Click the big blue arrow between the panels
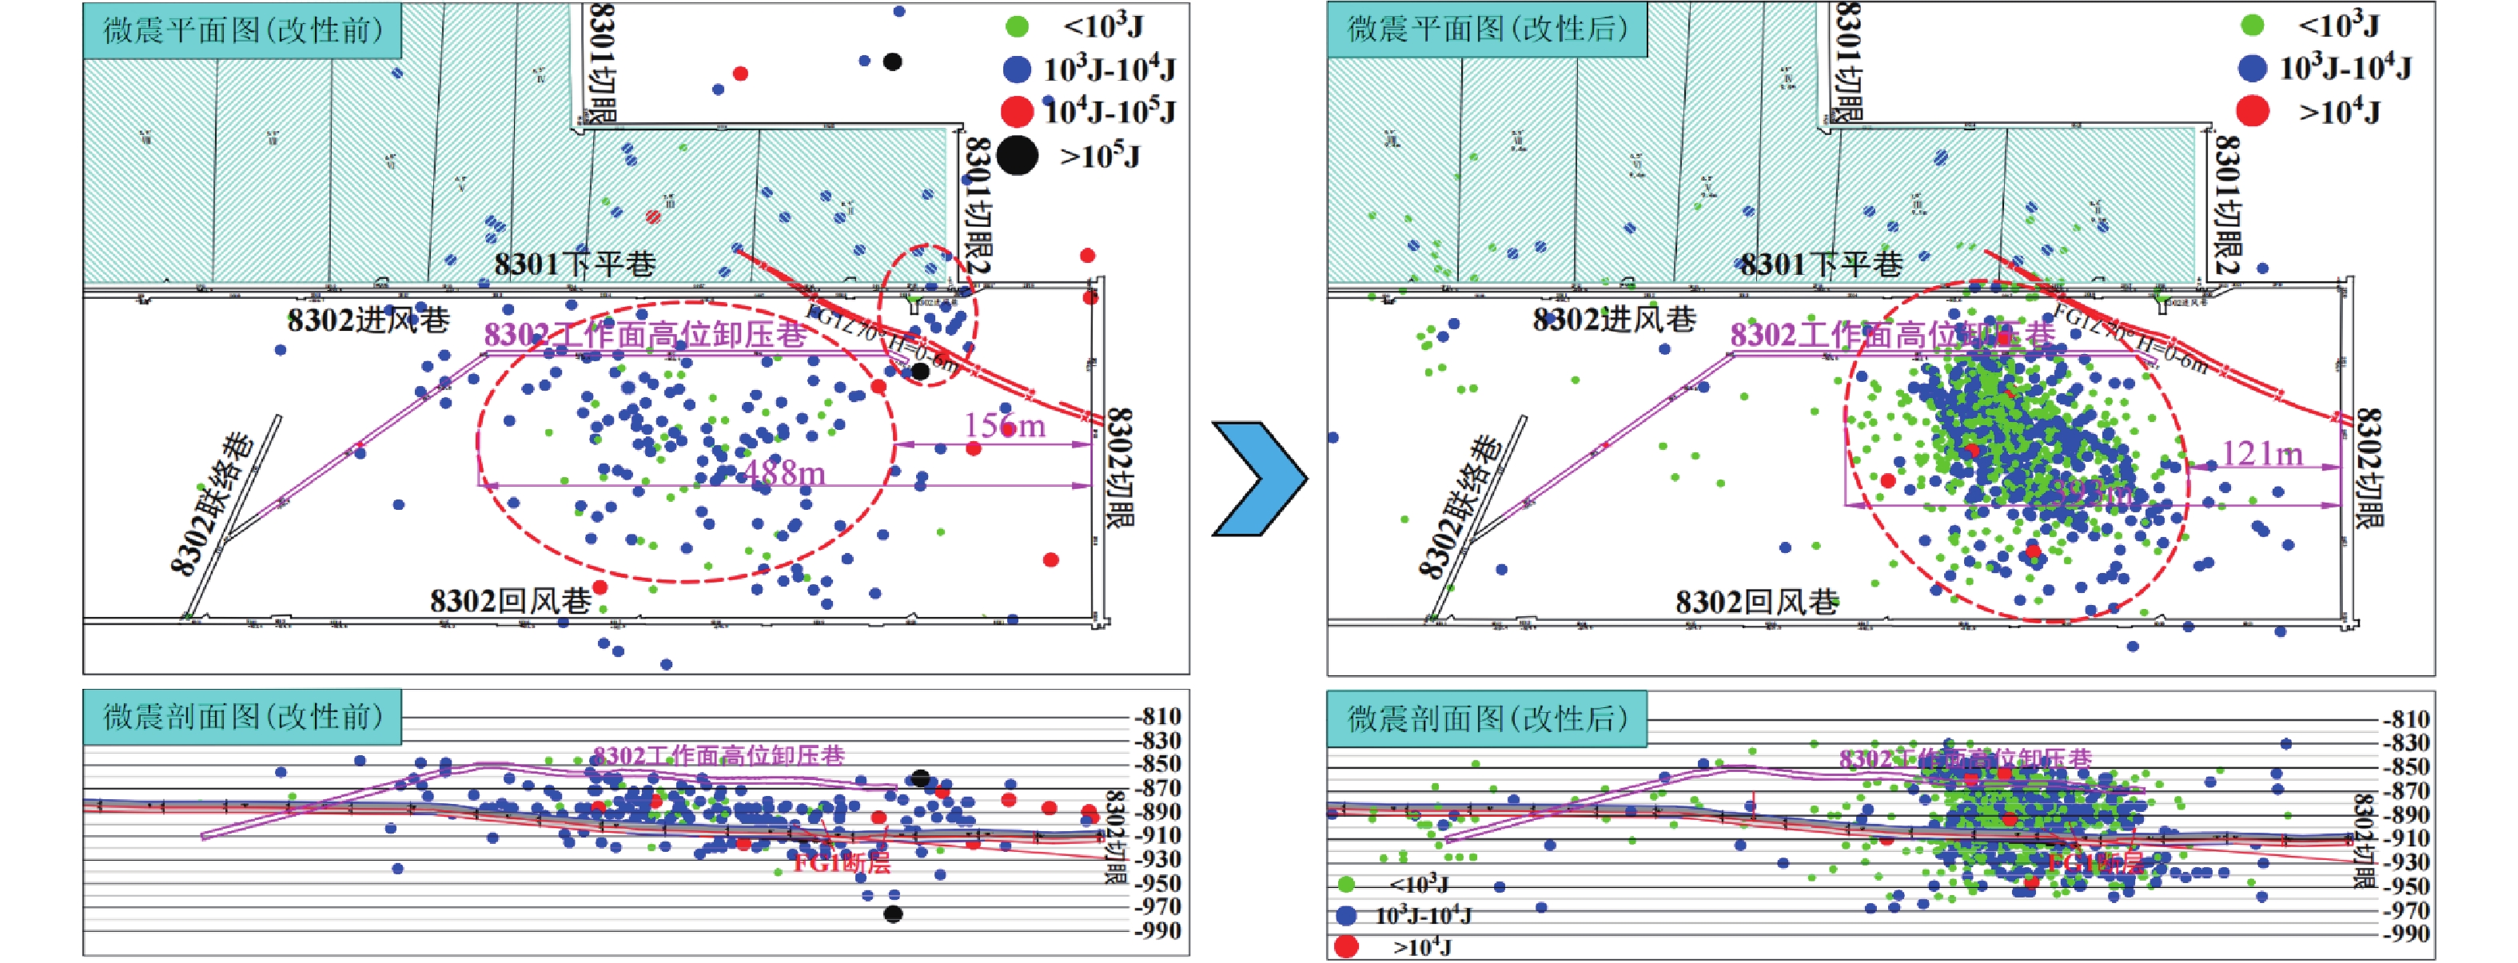pos(1261,479)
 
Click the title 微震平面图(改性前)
pos(242,30)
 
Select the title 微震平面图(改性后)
pos(1487,30)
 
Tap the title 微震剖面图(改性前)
pos(242,717)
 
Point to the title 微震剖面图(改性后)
pos(1487,718)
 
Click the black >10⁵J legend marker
pos(1018,157)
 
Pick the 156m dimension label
pos(1004,425)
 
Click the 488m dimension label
pos(785,473)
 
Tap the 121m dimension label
pos(2262,454)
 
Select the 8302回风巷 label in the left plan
pos(510,600)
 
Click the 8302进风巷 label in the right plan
pos(1613,320)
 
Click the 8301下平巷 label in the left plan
pos(574,264)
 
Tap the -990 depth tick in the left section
pos(1158,931)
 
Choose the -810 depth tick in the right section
pos(2404,718)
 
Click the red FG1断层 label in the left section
pos(841,863)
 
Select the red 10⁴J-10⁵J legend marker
pos(1018,111)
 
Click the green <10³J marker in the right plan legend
pos(2252,26)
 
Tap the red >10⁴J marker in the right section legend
pos(1347,946)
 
